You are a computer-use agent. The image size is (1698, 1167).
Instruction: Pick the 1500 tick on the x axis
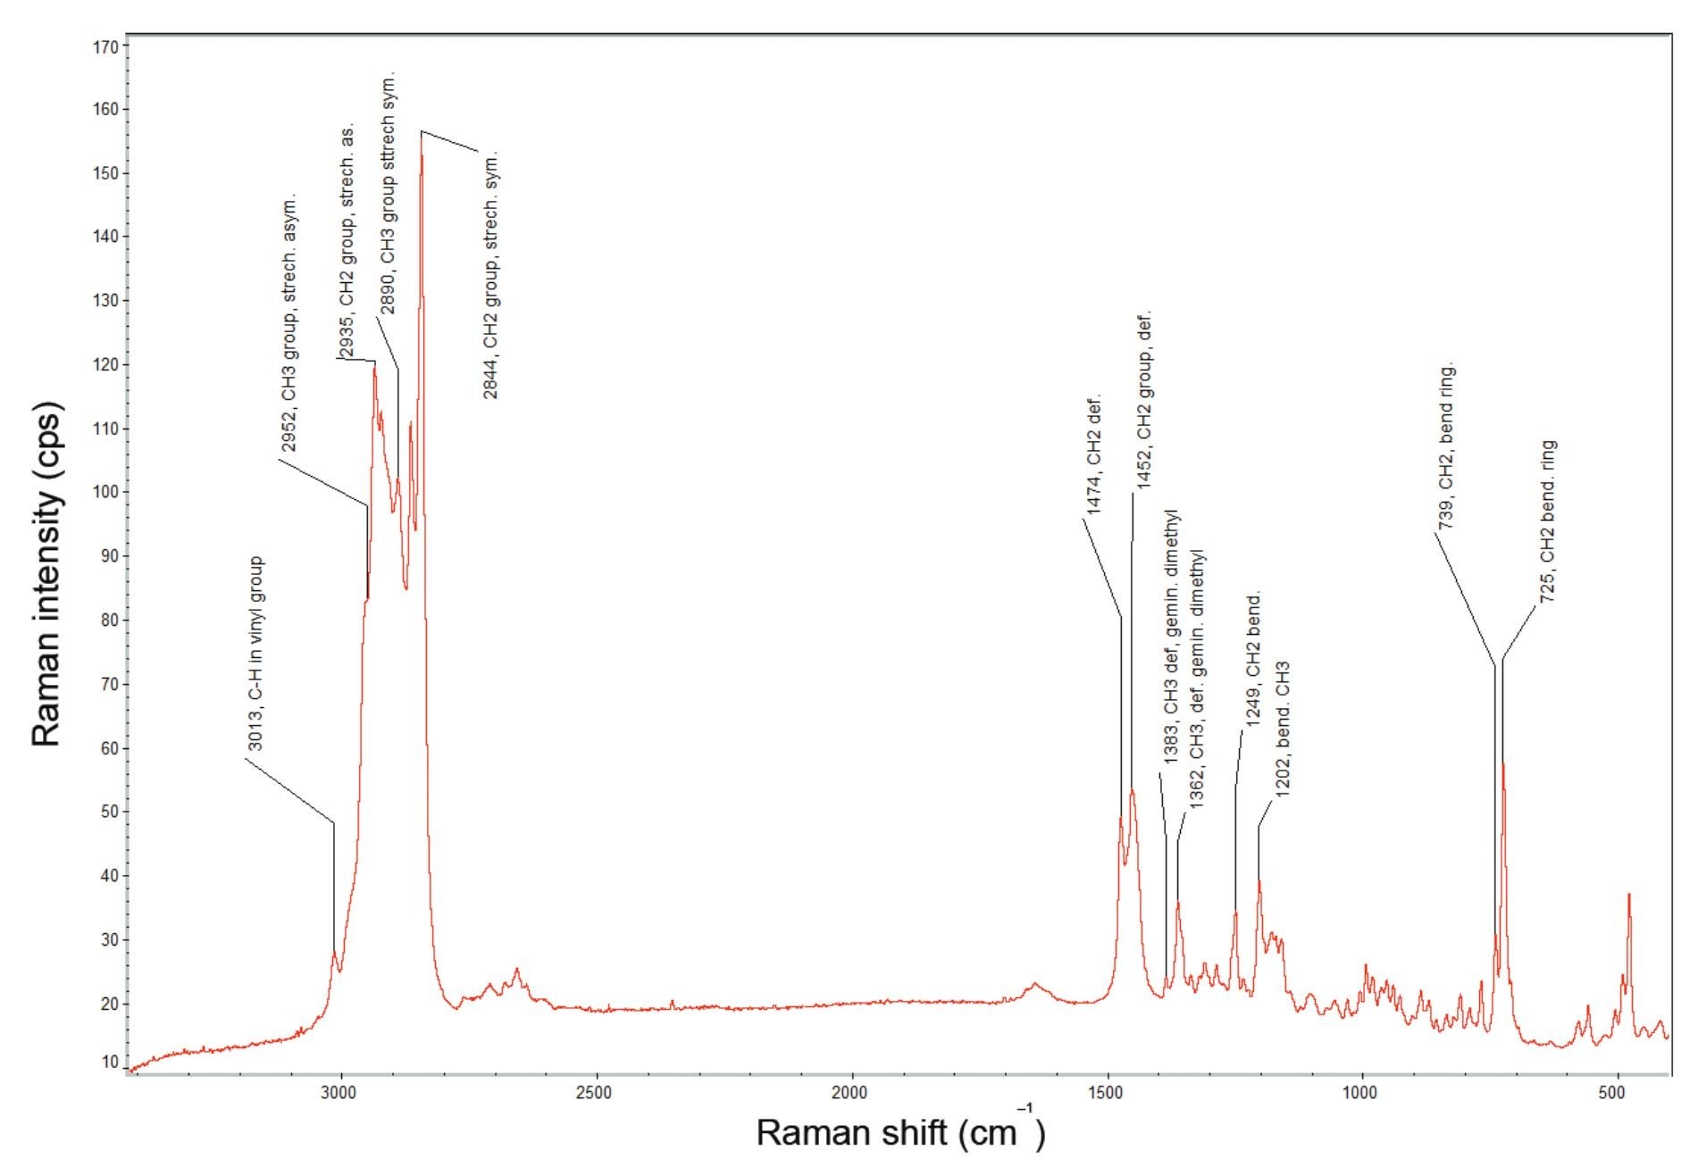pos(1107,1094)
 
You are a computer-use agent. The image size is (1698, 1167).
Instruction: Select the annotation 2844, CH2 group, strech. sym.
pos(491,274)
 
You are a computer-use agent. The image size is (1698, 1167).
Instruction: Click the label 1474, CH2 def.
pos(1094,454)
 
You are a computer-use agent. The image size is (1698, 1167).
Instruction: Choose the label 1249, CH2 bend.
pos(1253,658)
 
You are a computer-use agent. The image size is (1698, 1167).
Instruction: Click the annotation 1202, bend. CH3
pos(1283,729)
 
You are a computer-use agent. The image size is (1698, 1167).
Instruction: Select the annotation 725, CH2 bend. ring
pos(1549,521)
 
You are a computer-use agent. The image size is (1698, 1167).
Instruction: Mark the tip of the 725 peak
pos(1504,764)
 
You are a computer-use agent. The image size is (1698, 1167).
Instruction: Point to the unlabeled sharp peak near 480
pos(1629,894)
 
